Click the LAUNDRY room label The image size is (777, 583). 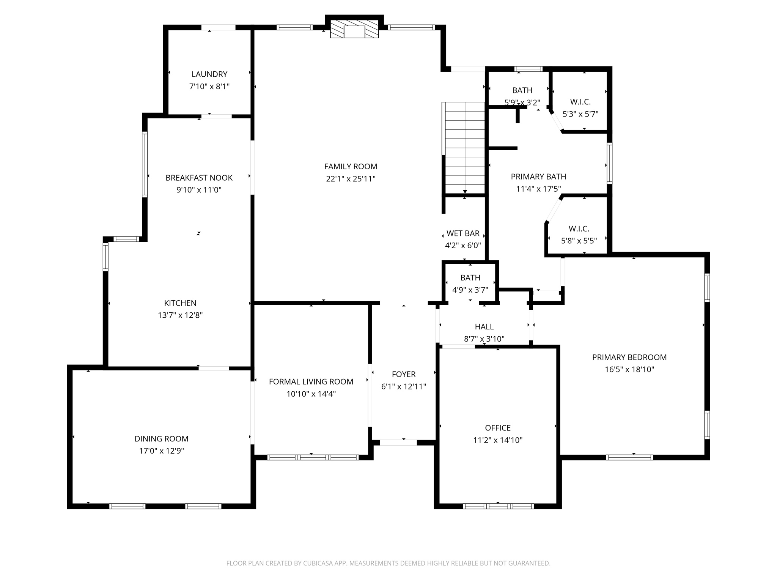click(209, 74)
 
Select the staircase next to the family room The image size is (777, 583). click(464, 148)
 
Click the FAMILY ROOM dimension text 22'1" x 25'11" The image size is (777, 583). click(351, 179)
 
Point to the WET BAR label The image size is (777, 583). click(463, 233)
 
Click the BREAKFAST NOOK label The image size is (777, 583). click(199, 178)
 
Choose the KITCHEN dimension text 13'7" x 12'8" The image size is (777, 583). click(180, 315)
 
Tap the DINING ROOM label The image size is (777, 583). click(161, 439)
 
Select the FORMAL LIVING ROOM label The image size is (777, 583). click(311, 382)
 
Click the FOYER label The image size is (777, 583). click(404, 374)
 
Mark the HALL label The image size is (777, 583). click(484, 327)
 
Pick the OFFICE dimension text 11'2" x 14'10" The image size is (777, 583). click(498, 440)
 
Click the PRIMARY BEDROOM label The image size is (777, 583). click(629, 357)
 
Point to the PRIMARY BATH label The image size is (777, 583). click(538, 176)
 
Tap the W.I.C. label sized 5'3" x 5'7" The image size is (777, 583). click(580, 102)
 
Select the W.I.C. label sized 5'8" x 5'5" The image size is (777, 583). click(579, 228)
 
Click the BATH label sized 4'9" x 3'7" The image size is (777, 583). click(470, 278)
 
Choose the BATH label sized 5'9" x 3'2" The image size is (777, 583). click(522, 90)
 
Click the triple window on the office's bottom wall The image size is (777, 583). click(498, 506)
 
